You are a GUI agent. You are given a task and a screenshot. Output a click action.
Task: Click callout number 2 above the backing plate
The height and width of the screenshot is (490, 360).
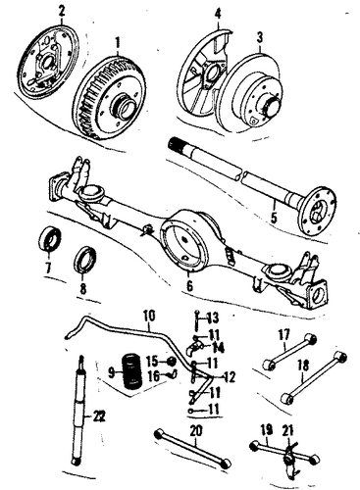click(62, 11)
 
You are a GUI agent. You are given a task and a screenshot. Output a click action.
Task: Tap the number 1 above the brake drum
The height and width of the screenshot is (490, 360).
click(118, 43)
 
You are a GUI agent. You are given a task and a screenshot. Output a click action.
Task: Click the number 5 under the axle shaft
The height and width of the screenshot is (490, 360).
click(274, 218)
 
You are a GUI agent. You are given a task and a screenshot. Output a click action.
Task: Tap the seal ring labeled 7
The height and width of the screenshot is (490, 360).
click(49, 239)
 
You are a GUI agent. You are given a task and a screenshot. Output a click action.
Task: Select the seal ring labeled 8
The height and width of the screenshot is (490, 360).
click(85, 260)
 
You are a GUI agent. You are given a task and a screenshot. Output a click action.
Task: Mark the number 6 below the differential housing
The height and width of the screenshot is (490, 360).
click(190, 285)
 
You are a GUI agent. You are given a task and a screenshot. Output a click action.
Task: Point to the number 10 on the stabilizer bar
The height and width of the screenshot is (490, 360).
click(149, 318)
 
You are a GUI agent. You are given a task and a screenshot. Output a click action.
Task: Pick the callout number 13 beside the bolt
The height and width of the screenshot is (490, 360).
click(212, 318)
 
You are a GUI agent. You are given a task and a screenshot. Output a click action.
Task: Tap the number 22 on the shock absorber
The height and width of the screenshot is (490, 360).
click(98, 416)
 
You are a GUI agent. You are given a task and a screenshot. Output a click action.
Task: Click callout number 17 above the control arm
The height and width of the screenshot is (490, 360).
click(283, 335)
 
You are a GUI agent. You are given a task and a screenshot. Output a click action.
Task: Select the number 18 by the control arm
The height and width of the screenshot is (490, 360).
click(303, 367)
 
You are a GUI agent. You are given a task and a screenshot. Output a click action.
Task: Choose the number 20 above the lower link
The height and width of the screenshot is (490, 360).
click(196, 431)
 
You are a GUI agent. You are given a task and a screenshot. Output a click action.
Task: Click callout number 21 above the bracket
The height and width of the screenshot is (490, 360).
click(288, 431)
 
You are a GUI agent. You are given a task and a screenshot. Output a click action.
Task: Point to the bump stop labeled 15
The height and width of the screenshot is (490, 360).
click(172, 362)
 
